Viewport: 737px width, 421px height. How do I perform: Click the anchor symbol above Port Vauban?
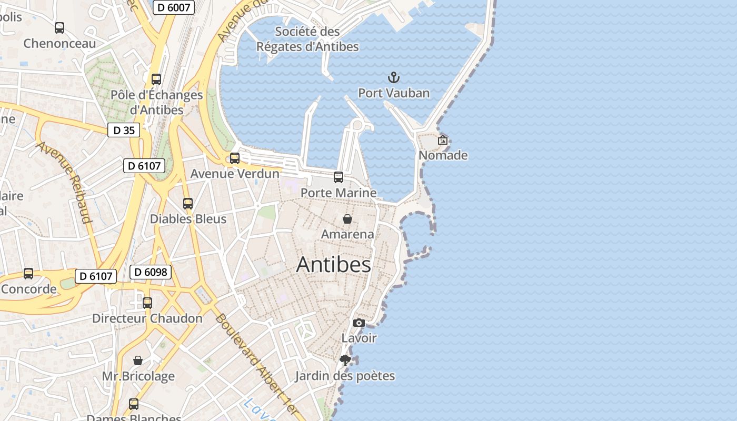click(394, 78)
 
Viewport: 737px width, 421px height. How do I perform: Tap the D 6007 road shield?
click(174, 7)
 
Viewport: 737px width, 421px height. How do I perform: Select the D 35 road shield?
click(124, 130)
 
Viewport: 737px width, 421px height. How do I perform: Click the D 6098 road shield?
click(151, 272)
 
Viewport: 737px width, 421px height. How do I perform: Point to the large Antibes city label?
click(333, 264)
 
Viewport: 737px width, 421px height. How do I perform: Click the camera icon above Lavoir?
click(358, 323)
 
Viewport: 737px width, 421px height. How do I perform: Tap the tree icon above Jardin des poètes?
click(345, 360)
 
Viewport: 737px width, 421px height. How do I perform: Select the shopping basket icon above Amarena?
click(347, 219)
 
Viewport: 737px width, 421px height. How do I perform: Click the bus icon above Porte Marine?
click(338, 177)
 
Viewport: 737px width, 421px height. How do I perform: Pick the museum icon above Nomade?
click(443, 140)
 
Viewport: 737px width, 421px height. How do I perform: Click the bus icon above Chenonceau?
click(59, 28)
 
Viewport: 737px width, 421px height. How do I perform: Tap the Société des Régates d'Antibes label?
click(307, 39)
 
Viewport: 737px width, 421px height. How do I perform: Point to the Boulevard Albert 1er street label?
click(256, 363)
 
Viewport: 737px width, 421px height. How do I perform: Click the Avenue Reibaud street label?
click(64, 182)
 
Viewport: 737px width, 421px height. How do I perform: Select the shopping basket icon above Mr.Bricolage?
click(138, 360)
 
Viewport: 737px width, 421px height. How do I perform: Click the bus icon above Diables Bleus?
click(188, 204)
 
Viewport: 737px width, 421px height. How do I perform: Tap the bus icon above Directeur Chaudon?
click(147, 303)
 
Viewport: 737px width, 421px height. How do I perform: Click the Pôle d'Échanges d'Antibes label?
click(156, 102)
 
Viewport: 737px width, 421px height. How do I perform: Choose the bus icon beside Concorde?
click(28, 274)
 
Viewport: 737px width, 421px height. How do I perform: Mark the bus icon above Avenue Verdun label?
click(235, 158)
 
